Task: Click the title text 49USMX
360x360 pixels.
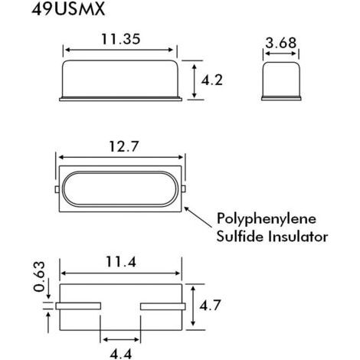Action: pyautogui.click(x=68, y=9)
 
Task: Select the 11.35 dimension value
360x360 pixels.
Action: pyautogui.click(x=121, y=39)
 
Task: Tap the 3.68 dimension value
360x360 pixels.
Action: pyautogui.click(x=281, y=43)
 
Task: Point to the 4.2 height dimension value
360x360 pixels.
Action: pyautogui.click(x=212, y=80)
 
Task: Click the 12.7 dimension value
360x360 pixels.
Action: pyautogui.click(x=124, y=146)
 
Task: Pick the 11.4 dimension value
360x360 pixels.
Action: pyautogui.click(x=121, y=262)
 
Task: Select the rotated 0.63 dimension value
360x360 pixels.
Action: pyautogui.click(x=39, y=277)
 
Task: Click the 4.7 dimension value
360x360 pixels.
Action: pyautogui.click(x=210, y=305)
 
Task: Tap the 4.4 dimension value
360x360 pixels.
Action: pyautogui.click(x=121, y=354)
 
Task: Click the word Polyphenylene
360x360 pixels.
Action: pyautogui.click(x=267, y=219)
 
